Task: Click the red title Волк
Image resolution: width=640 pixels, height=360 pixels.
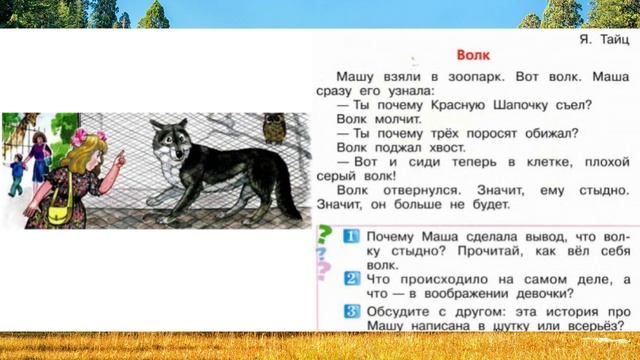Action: click(472, 57)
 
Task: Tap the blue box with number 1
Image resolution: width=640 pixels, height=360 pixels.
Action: click(351, 237)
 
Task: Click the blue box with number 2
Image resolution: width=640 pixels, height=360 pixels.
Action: click(351, 277)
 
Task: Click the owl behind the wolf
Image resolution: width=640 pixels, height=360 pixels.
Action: click(272, 128)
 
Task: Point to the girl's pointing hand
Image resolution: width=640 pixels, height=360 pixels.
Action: click(118, 157)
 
